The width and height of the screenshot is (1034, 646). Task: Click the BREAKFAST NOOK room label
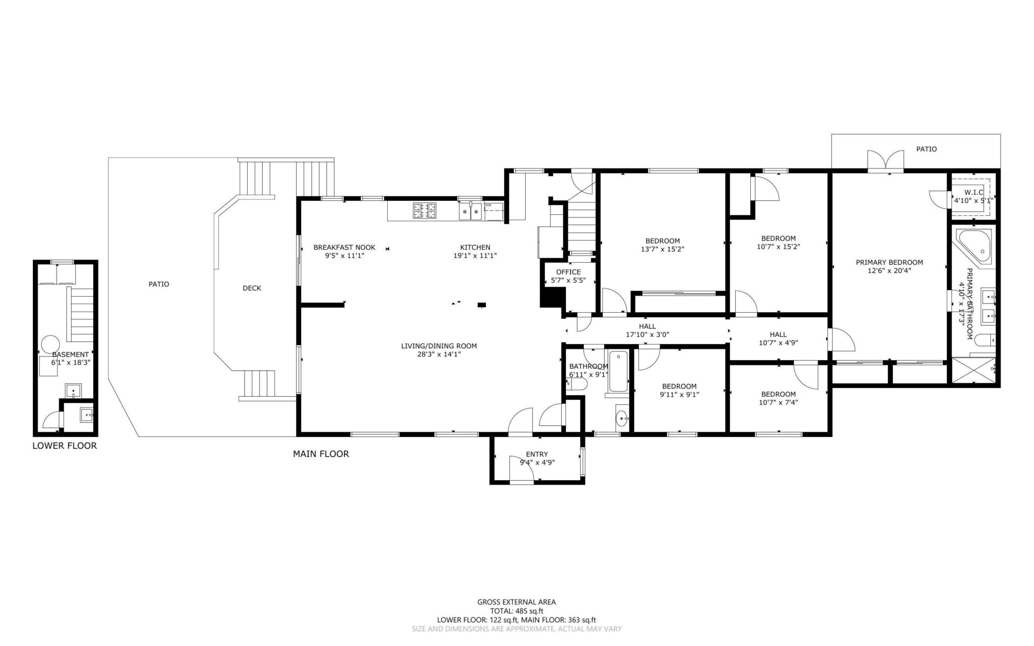pyautogui.click(x=344, y=248)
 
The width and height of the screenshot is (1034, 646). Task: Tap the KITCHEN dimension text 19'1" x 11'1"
pyautogui.click(x=475, y=256)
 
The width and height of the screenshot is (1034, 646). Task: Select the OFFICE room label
pyautogui.click(x=568, y=272)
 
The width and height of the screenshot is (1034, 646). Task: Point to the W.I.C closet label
pyautogui.click(x=974, y=192)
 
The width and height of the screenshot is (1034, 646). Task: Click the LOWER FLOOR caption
pyautogui.click(x=65, y=446)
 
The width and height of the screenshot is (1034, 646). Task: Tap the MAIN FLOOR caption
pyautogui.click(x=321, y=454)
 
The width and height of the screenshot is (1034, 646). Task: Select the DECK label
pyautogui.click(x=252, y=288)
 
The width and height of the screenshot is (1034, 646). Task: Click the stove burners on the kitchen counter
pyautogui.click(x=424, y=210)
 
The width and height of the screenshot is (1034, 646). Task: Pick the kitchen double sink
pyautogui.click(x=471, y=212)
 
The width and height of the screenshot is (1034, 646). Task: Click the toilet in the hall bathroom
pyautogui.click(x=577, y=384)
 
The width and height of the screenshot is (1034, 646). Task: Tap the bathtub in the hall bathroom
pyautogui.click(x=618, y=371)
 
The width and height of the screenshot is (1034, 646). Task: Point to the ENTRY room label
pyautogui.click(x=537, y=454)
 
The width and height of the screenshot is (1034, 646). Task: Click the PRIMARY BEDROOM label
pyautogui.click(x=889, y=263)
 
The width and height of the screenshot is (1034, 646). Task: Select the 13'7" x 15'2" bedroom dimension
pyautogui.click(x=662, y=249)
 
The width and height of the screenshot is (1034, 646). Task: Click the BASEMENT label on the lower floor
pyautogui.click(x=70, y=355)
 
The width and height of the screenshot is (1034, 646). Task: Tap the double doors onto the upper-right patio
pyautogui.click(x=885, y=161)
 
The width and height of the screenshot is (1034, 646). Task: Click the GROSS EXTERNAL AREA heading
pyautogui.click(x=516, y=602)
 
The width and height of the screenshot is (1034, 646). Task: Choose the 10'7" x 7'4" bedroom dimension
pyautogui.click(x=778, y=402)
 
